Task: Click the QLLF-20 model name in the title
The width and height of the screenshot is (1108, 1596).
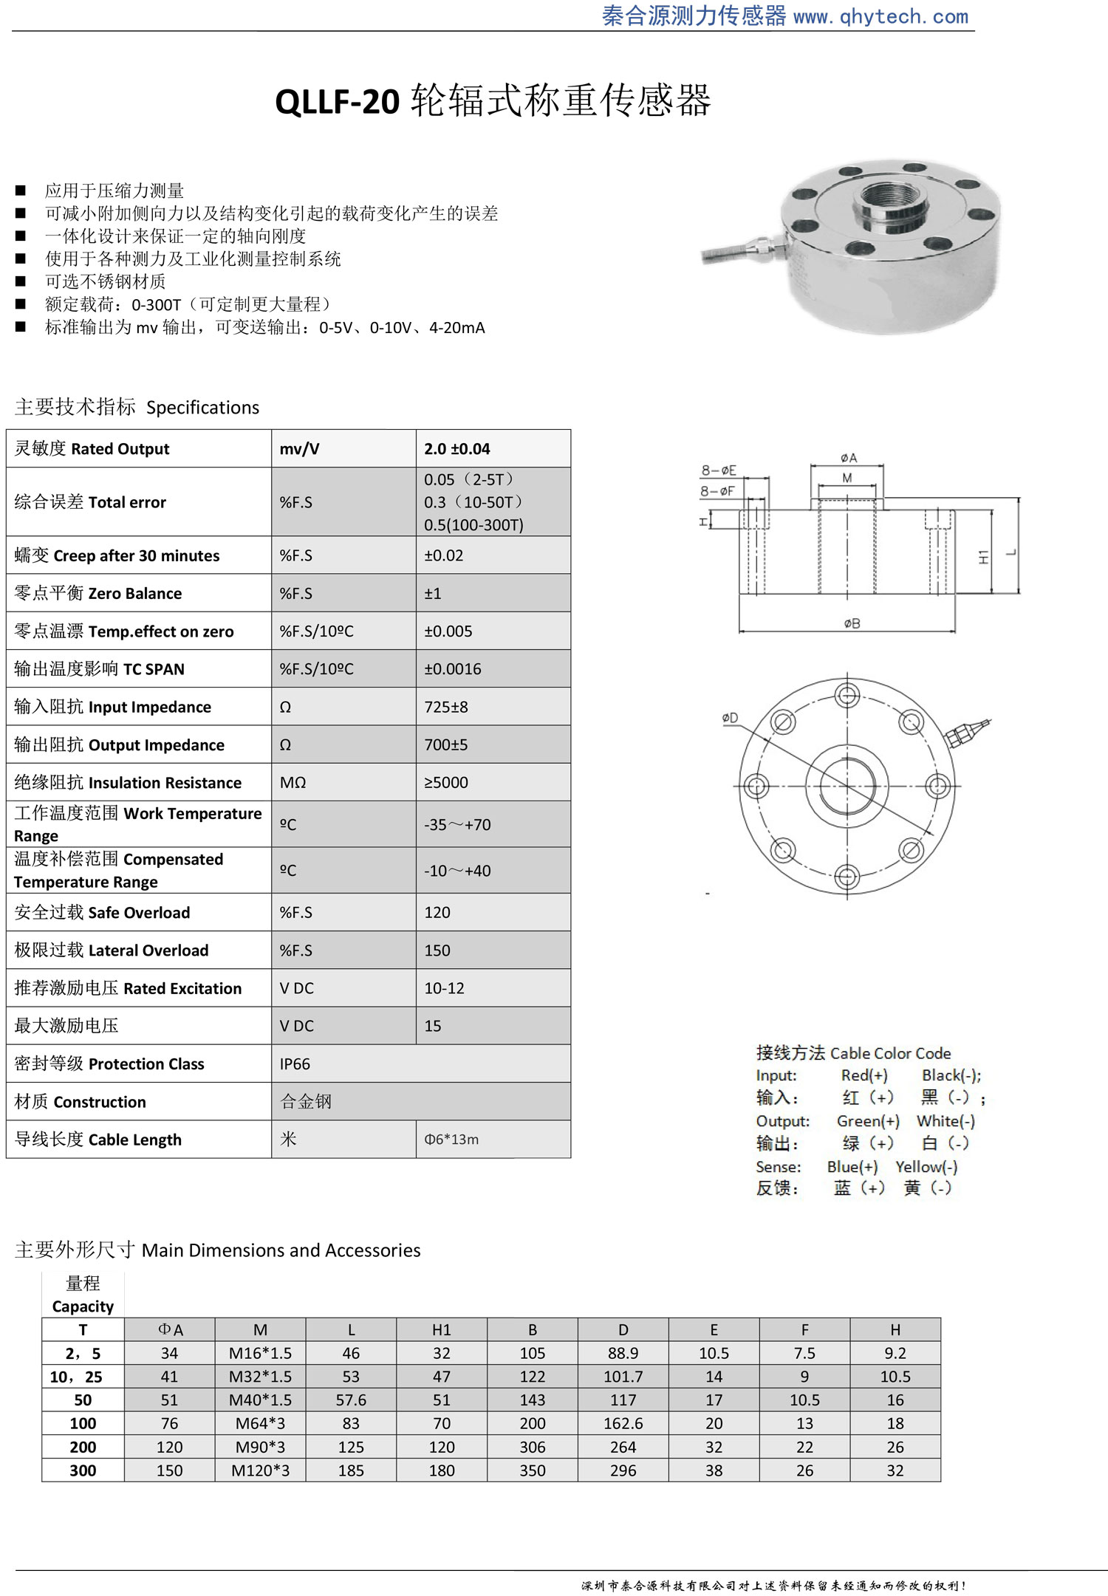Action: point(337,101)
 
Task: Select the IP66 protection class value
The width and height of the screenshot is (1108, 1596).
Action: point(295,1064)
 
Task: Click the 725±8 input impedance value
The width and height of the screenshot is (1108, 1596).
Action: point(445,708)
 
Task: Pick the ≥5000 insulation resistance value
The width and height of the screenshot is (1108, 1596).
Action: point(445,783)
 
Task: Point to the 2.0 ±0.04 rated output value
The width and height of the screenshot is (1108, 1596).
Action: point(456,449)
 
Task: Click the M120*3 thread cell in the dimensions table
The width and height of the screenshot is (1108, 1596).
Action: point(260,1470)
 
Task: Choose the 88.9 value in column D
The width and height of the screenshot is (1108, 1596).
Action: point(623,1353)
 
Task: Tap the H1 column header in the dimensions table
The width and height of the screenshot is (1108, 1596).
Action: point(441,1329)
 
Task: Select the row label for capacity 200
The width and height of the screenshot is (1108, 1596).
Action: point(83,1447)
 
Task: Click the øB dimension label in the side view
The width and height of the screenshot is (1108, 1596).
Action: point(852,624)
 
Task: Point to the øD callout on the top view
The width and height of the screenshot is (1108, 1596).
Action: point(730,718)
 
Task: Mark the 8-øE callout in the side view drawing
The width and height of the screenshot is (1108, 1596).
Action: point(719,470)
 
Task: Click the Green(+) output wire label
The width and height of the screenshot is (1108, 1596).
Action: point(868,1121)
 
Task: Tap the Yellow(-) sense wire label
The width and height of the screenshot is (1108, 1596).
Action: point(926,1167)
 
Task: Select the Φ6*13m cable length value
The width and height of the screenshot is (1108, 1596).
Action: point(451,1140)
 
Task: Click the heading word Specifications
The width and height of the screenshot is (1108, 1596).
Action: point(202,408)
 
